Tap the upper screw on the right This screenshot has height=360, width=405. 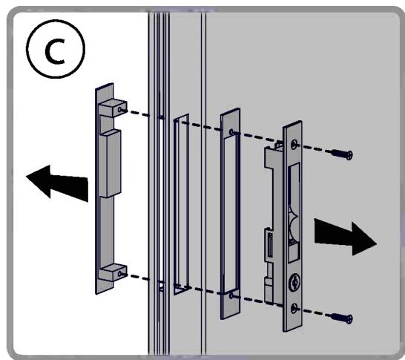(x=340, y=154)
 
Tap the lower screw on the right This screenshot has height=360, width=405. (x=340, y=318)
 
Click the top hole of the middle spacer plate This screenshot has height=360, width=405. (x=232, y=133)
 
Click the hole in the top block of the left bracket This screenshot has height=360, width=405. (x=121, y=108)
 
